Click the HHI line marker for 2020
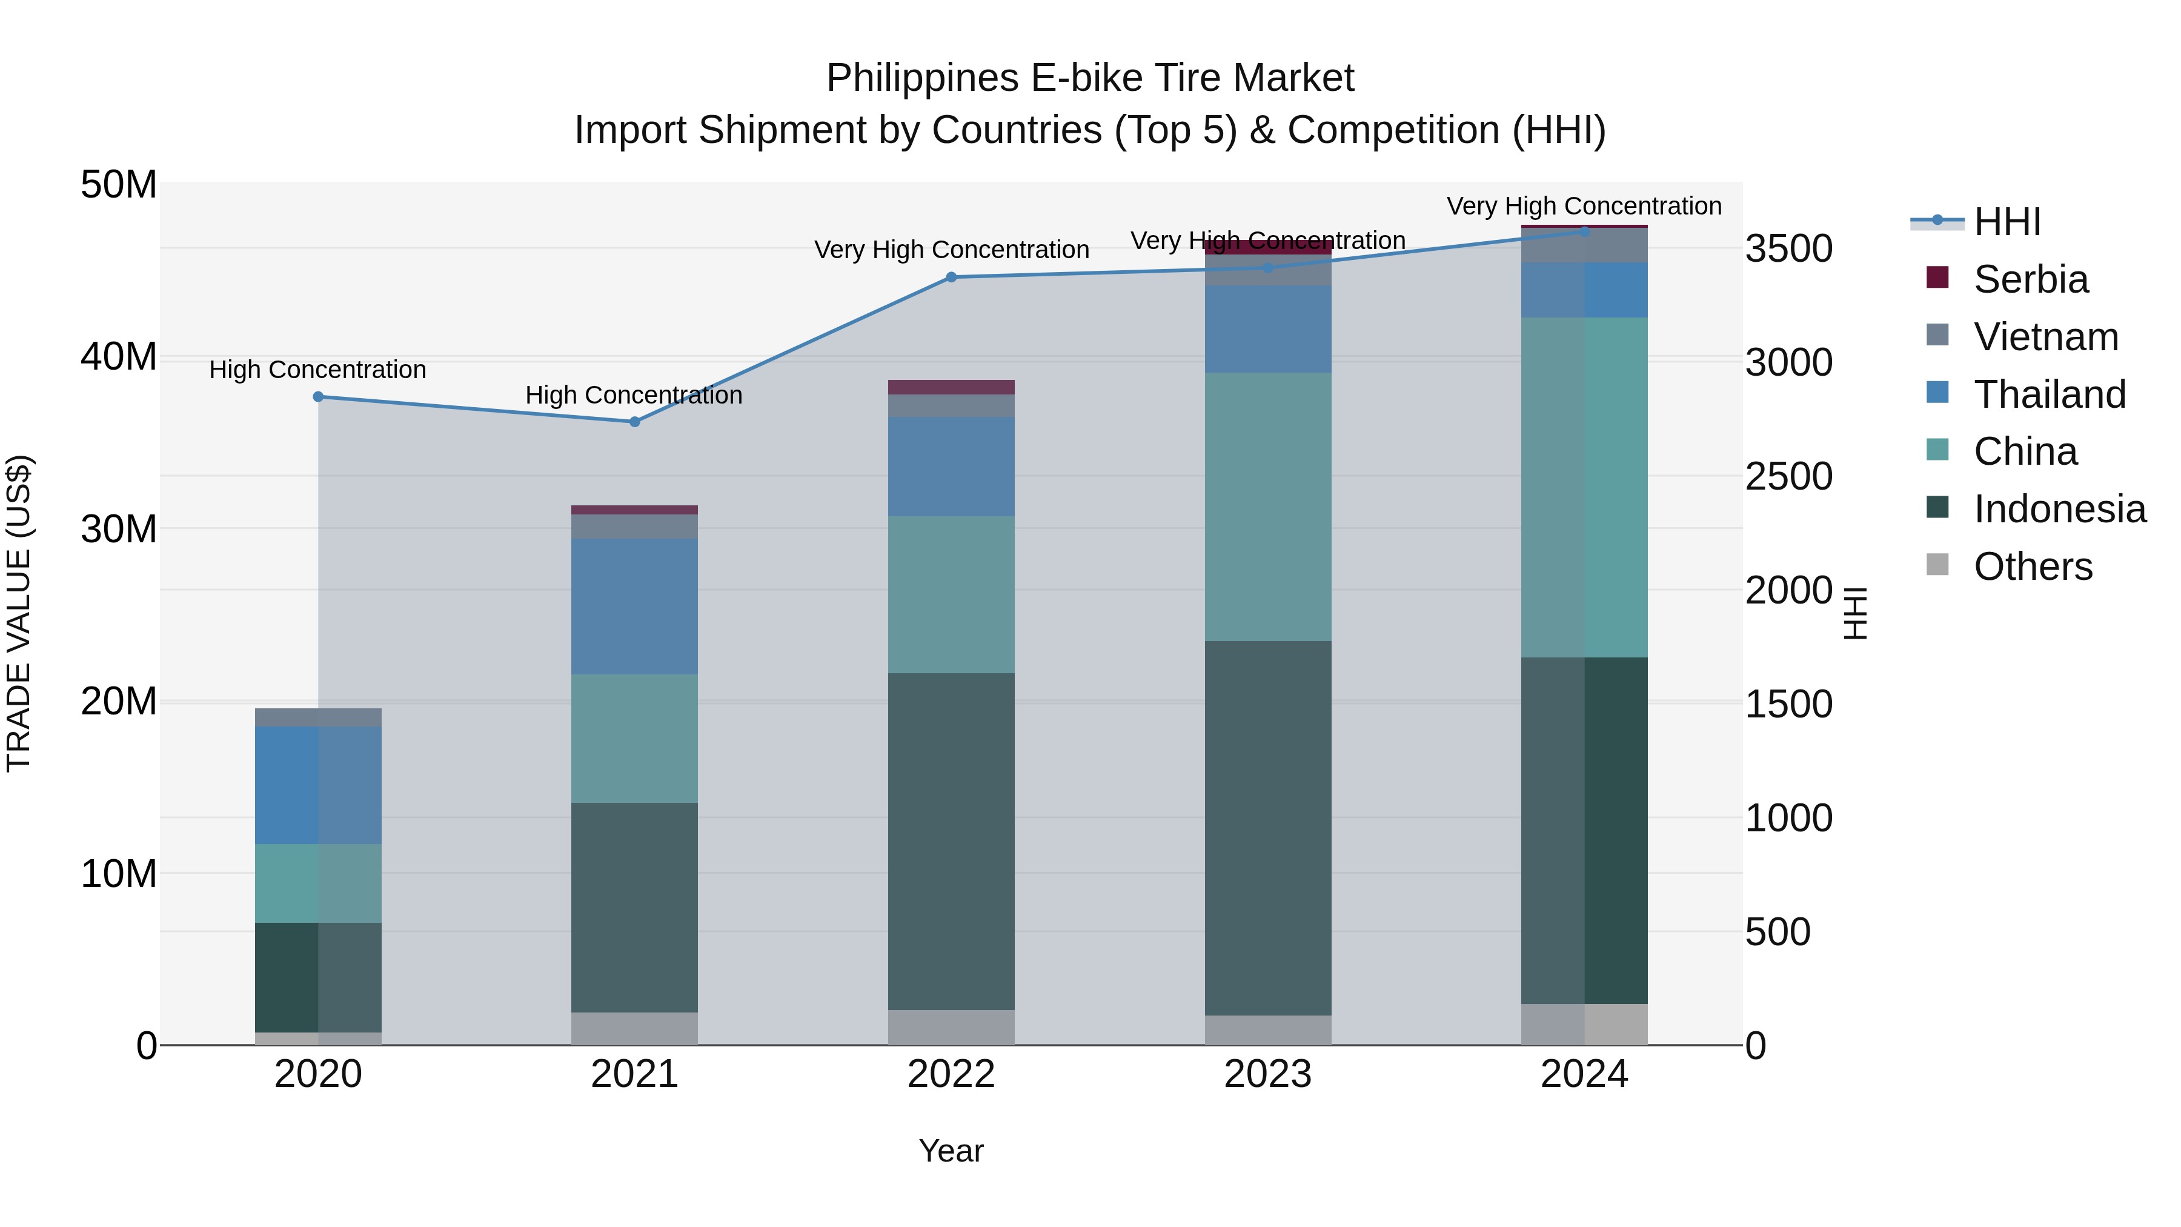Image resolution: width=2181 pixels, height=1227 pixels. pos(318,396)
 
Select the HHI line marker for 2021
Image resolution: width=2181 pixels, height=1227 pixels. pos(635,422)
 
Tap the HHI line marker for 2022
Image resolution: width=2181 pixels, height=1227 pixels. pos(951,277)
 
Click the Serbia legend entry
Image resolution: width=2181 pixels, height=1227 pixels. pos(2030,279)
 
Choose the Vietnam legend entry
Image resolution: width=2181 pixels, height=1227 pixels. pos(2045,337)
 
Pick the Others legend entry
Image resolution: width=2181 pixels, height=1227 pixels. pos(2032,567)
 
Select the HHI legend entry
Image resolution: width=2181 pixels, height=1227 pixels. pos(2007,222)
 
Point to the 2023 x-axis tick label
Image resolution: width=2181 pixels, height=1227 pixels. pos(1267,1074)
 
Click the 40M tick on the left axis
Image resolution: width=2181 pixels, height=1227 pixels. pos(119,356)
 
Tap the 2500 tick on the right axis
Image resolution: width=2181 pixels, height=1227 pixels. pos(1788,477)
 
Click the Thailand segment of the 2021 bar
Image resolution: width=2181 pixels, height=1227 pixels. pos(635,607)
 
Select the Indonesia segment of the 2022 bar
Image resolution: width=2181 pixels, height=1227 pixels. pos(951,841)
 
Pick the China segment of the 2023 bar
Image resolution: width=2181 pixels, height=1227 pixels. pos(1267,507)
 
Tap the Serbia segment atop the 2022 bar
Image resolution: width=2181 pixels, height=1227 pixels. pos(951,387)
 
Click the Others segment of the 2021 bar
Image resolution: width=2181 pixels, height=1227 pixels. pos(635,1028)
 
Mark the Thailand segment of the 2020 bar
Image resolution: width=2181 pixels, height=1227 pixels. pos(318,785)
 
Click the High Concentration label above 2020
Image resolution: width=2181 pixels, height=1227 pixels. pos(317,370)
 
